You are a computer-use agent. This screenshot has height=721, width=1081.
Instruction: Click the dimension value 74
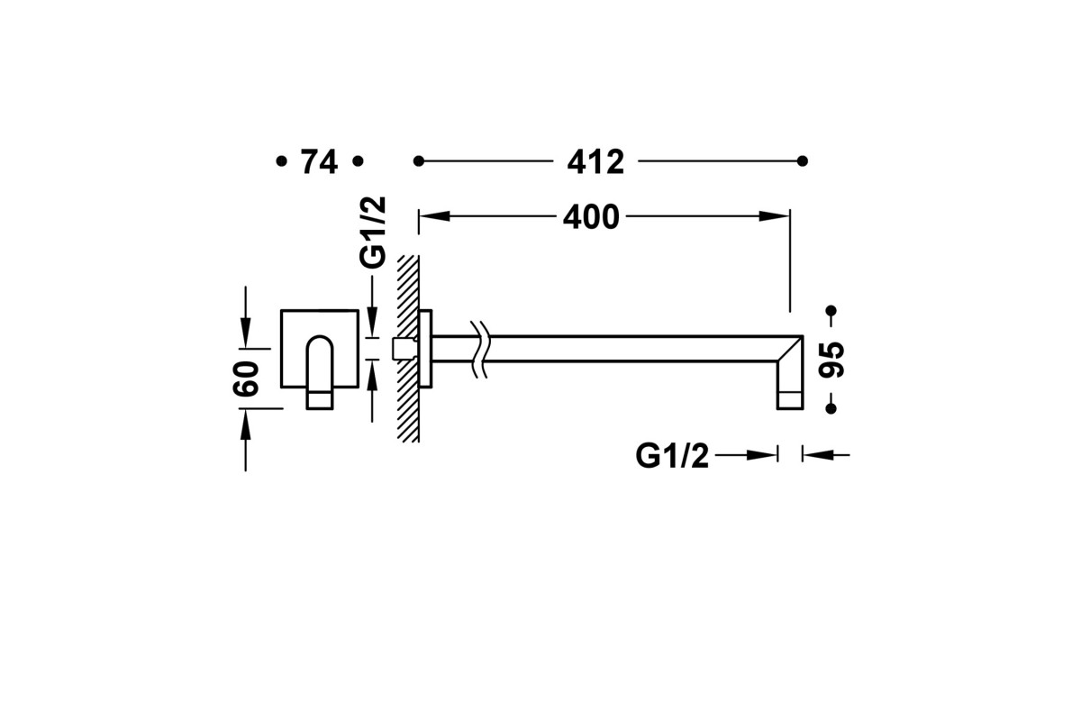point(319,162)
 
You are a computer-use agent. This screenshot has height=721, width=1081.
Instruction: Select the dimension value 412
point(595,162)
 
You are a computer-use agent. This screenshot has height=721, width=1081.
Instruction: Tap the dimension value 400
point(591,217)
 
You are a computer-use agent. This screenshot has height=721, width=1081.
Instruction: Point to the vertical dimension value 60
point(246,379)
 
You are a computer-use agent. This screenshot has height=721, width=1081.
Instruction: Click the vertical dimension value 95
point(831,360)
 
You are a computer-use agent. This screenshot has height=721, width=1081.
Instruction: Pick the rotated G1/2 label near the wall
point(373,233)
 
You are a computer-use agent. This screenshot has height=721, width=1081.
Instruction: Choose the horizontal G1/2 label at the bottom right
point(672,455)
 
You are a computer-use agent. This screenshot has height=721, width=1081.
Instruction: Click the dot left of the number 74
point(281,161)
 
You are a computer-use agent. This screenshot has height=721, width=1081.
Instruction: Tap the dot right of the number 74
point(358,161)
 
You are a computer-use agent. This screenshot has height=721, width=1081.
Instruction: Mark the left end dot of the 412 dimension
point(418,161)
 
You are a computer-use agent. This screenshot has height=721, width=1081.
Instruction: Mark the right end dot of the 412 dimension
point(803,161)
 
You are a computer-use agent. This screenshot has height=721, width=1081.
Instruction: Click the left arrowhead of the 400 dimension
point(434,216)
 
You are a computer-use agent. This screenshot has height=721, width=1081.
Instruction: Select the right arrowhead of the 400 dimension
point(774,216)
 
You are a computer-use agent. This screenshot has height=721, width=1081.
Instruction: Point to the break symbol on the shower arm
point(479,348)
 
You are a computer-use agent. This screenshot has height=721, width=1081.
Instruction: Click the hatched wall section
point(408,349)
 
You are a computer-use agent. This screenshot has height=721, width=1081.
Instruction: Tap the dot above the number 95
point(831,311)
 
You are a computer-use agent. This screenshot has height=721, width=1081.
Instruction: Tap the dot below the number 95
point(831,408)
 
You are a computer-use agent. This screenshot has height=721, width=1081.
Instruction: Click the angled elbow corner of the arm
point(790,348)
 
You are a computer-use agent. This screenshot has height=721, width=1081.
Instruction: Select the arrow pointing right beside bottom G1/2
point(746,455)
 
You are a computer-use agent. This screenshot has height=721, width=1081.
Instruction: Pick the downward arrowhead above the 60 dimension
point(246,333)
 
